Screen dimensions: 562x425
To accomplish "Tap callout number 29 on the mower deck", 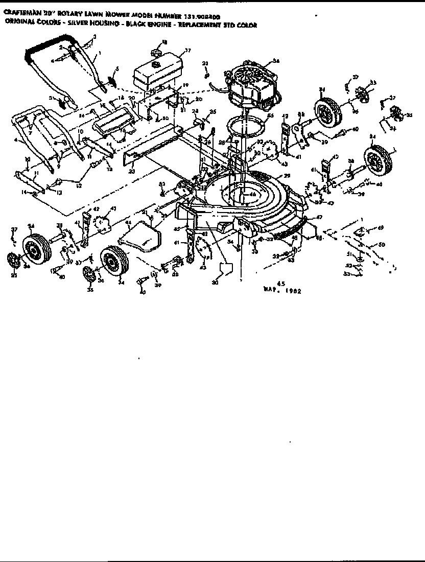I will click(x=287, y=175).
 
